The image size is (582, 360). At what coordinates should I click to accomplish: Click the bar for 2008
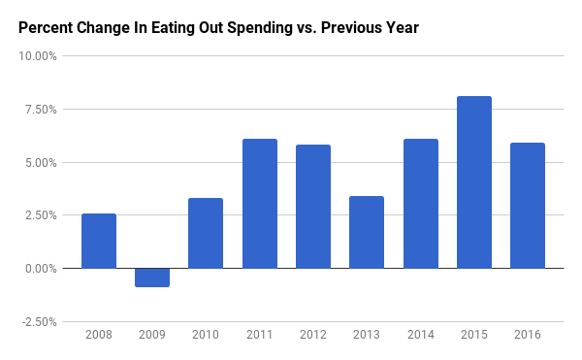(x=99, y=241)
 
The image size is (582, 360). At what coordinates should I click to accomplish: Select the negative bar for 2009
(x=152, y=278)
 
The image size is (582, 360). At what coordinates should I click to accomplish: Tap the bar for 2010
(x=206, y=233)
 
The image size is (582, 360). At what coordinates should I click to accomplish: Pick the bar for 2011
(x=259, y=204)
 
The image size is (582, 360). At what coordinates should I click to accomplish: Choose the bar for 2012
(x=313, y=207)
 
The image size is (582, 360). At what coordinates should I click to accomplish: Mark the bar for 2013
(x=367, y=232)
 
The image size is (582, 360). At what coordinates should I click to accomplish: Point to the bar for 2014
(x=420, y=204)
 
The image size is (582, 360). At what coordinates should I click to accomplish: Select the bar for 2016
(x=528, y=206)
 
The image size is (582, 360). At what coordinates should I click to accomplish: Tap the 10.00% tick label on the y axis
(x=40, y=56)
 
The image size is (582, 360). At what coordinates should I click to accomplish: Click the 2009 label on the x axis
(x=152, y=336)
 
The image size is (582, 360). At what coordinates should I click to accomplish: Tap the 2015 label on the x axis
(x=474, y=336)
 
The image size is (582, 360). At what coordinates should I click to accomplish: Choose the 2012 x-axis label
(x=313, y=336)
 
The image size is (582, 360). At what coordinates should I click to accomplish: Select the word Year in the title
(x=402, y=28)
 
